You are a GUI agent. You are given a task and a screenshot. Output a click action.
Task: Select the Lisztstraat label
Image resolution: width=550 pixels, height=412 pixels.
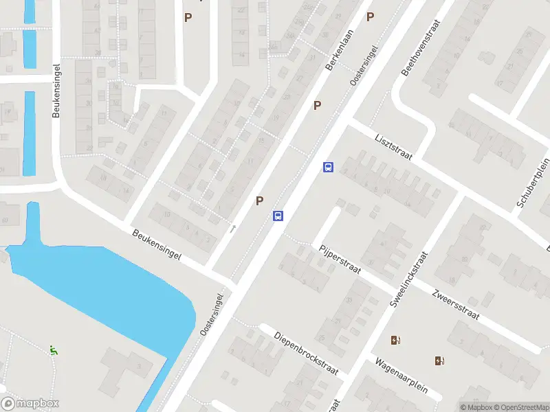[x=393, y=146]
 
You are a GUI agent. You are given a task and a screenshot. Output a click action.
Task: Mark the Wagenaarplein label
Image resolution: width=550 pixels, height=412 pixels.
[x=401, y=375]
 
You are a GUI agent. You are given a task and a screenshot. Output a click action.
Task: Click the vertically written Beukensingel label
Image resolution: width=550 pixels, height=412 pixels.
[x=57, y=91]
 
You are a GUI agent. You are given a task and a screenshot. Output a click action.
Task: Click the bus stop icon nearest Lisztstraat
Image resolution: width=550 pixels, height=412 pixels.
[x=329, y=167]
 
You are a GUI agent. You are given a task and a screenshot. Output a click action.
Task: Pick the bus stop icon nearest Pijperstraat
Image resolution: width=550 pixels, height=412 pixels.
[x=278, y=216]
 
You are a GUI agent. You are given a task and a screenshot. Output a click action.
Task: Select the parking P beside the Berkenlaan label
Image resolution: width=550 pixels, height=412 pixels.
[x=318, y=105]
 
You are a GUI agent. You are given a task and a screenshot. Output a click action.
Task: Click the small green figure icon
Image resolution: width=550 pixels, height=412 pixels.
[x=53, y=350]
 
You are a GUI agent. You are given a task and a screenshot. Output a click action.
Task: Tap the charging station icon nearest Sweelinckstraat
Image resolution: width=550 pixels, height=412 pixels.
[x=395, y=340]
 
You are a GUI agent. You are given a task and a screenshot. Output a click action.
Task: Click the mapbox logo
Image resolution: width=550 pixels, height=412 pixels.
[x=30, y=404]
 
